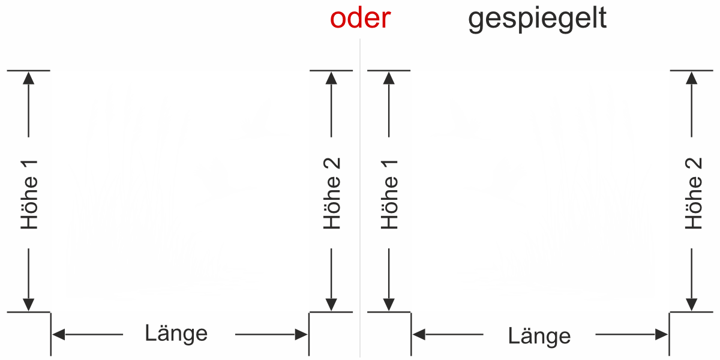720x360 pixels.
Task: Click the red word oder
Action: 360,19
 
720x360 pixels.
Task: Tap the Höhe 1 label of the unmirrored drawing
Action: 29,194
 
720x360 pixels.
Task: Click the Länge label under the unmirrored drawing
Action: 176,333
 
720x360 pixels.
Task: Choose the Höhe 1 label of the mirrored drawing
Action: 390,194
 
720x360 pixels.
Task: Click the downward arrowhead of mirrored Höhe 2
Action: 692,305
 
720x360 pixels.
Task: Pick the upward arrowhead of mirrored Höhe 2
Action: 692,77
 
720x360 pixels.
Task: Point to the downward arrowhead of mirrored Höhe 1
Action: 389,305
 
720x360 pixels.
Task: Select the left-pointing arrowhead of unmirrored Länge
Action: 58,335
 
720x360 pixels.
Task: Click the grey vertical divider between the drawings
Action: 360,198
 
